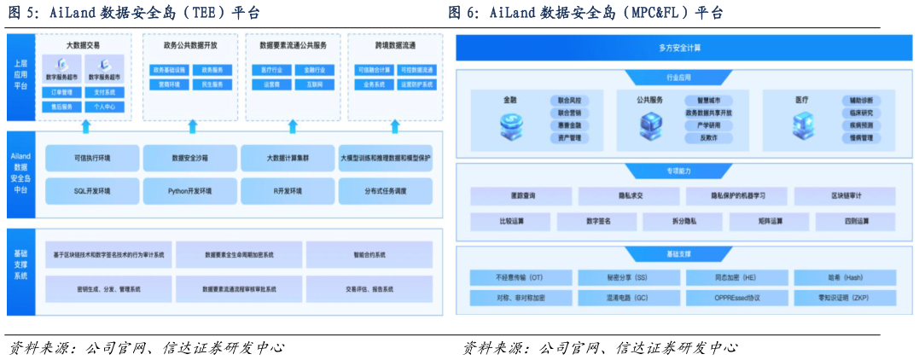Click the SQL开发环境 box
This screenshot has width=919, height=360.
coord(92,191)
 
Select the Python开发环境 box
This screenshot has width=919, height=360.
coord(189,191)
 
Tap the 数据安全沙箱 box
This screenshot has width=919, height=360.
coord(189,158)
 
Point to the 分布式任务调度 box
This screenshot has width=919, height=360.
coord(385,191)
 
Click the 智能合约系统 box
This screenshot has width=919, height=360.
coord(369,255)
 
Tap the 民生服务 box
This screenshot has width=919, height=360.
coord(212,84)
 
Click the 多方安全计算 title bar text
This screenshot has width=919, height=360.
coord(685,48)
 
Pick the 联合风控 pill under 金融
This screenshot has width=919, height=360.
coord(569,101)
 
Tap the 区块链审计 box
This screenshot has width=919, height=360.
coord(851,196)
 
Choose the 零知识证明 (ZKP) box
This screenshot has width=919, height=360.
coord(846,298)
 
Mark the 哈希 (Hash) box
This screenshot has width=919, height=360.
coord(846,277)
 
